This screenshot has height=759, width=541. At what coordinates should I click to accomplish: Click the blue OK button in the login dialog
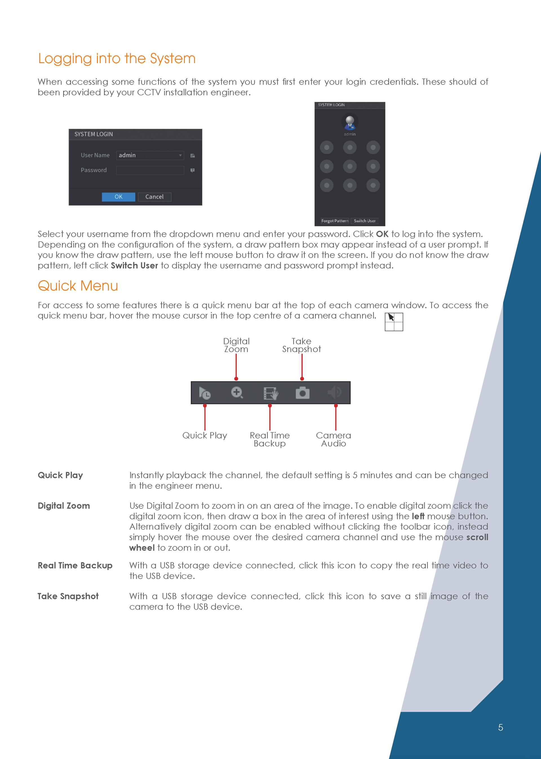pos(118,197)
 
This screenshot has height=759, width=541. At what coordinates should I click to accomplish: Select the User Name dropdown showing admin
pos(150,155)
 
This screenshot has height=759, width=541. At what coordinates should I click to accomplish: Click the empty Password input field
pos(150,170)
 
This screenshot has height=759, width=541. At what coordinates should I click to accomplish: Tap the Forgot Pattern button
pos(334,221)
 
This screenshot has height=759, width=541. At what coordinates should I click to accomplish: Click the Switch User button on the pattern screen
pos(364,221)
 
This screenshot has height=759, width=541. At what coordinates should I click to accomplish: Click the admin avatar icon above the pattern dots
pos(350,122)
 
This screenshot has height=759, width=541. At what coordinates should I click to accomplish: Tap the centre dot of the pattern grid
pos(350,166)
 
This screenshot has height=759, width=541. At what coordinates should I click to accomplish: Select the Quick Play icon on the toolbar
pos(205,393)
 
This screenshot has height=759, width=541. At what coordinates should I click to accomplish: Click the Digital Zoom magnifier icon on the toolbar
pos(237,393)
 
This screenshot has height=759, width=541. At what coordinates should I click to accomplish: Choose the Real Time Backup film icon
pos(270,393)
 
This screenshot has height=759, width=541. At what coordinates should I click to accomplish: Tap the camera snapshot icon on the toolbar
pos(302,393)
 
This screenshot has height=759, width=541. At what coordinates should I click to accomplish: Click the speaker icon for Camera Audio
pos(335,393)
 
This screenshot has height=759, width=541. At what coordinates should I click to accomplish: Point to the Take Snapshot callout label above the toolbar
pos(301,345)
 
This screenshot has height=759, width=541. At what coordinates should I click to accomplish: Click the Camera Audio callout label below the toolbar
pos(333,439)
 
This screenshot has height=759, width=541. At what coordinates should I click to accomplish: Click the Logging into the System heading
pos(117,59)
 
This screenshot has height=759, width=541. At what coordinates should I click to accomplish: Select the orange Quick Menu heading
pos(78,286)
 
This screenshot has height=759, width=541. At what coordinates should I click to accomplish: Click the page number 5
pos(500,727)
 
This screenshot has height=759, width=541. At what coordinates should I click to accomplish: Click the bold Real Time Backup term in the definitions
pos(75,565)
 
